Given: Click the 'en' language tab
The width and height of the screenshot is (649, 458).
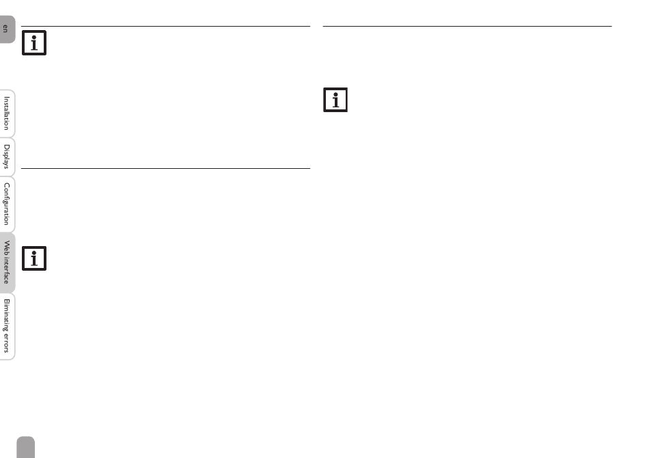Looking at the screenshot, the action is pos(7,29).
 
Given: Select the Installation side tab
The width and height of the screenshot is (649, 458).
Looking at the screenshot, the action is pos(7,113).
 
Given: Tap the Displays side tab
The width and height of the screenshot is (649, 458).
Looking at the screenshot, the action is pos(7,157).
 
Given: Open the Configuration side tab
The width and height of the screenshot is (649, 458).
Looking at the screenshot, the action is pos(7,204).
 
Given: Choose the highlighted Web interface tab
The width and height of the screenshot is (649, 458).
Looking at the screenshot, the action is pos(7,263).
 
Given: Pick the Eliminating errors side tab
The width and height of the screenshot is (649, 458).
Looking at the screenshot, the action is pos(7,326).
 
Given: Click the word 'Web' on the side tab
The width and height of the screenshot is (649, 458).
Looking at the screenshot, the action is pos(7,247).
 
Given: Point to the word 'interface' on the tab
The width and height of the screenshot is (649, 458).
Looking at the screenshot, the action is pos(7,271).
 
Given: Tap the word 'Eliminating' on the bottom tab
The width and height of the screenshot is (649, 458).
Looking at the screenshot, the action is pos(7,315).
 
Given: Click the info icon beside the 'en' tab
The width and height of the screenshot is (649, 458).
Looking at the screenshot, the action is pos(34,43).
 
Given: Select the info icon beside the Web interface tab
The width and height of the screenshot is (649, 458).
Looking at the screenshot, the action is pos(34,258).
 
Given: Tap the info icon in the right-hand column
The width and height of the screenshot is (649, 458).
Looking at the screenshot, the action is pos(335,100).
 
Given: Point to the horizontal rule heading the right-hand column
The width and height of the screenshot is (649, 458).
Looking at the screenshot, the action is pos(467,27).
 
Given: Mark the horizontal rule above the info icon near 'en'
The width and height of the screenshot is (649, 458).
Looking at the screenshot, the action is pos(165,27).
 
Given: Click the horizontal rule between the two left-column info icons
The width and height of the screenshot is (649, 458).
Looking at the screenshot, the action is pos(165,168).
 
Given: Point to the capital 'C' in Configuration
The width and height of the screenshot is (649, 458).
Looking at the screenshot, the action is pos(7,185).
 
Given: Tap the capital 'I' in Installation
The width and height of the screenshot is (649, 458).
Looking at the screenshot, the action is pos(7,97).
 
